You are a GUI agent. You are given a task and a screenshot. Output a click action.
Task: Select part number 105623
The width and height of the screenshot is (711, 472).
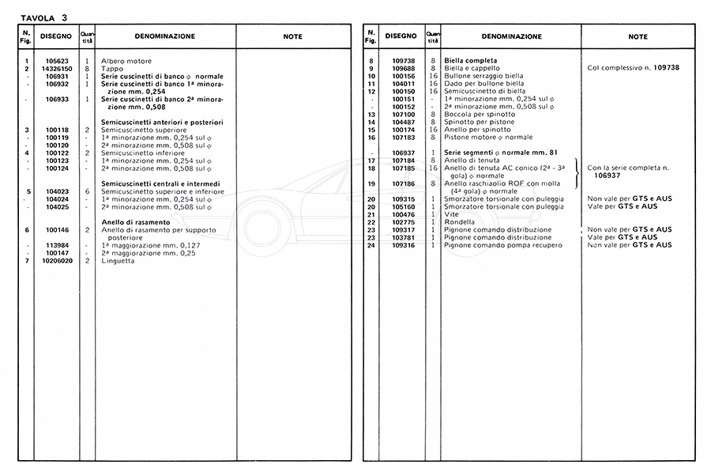coord(58,61)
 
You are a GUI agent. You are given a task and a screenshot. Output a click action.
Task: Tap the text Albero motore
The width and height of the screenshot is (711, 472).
coord(126,61)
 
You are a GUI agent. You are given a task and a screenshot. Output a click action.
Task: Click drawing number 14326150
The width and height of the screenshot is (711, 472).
coord(58,69)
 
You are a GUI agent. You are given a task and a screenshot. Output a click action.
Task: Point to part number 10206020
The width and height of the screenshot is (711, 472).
coord(58,260)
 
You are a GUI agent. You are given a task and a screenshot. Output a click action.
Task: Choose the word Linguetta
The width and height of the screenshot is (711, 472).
coord(118,260)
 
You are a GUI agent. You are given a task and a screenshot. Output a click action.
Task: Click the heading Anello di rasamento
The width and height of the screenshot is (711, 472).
coord(135,222)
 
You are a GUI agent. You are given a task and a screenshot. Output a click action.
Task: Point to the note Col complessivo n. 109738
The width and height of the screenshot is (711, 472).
coord(634,68)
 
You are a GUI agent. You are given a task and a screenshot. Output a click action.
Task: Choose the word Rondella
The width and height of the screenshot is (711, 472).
coord(461,222)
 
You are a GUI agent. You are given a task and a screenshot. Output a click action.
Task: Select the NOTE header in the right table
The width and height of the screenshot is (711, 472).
coord(638,36)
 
